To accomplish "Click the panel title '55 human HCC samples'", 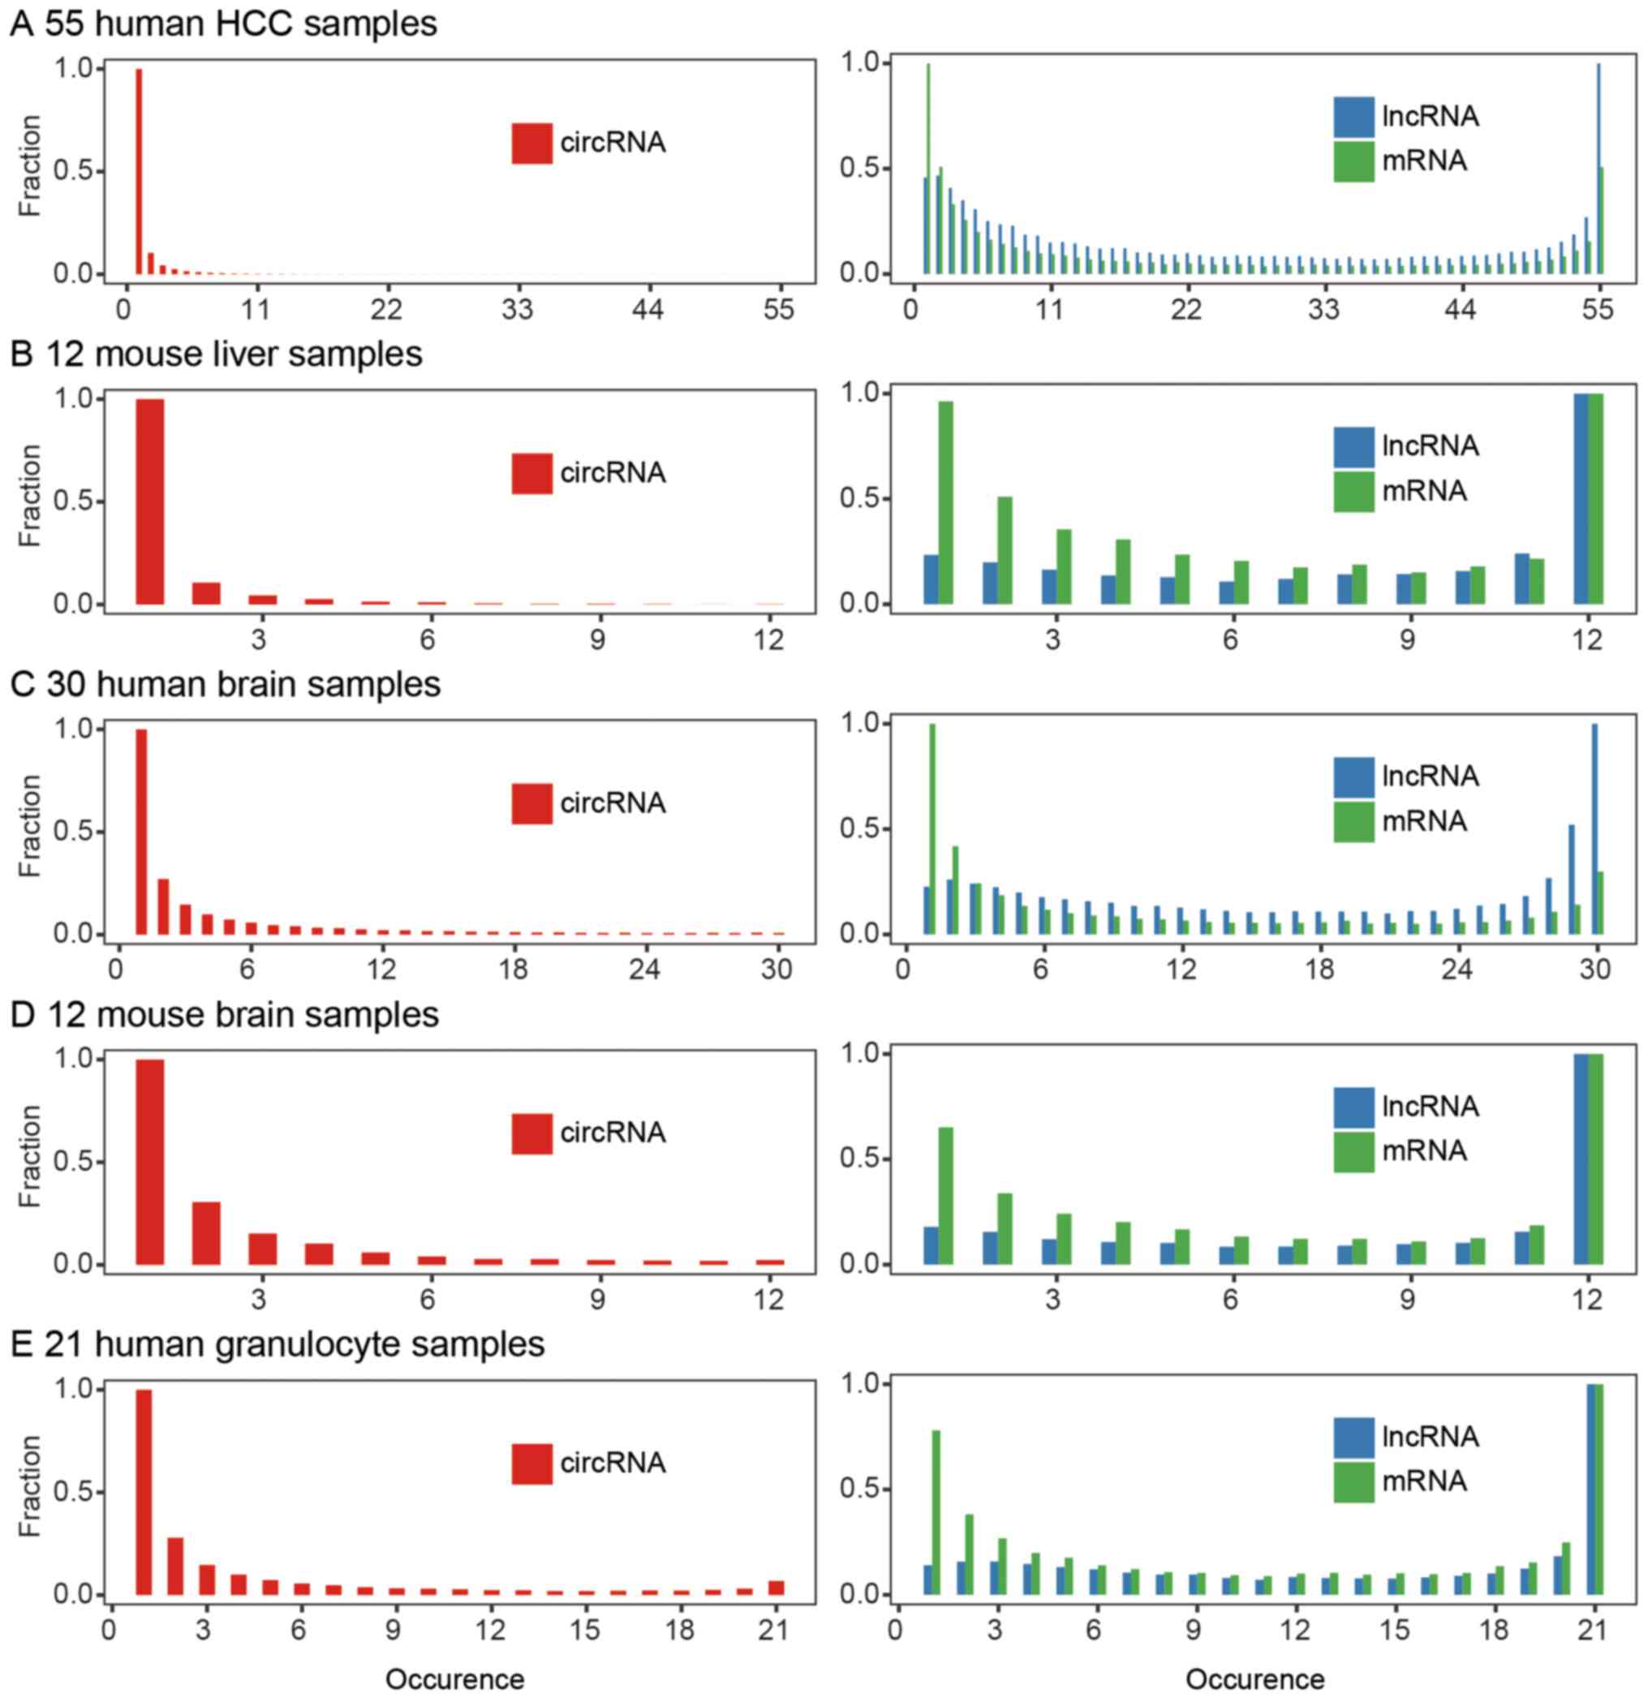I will [241, 24].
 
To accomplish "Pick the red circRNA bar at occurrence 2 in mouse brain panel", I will [206, 1232].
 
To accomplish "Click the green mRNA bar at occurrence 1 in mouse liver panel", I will [946, 503].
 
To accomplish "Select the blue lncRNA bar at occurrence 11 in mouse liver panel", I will [1521, 579].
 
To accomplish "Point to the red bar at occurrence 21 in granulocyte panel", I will [777, 1587].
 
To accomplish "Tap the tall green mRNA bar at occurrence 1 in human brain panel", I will [933, 828].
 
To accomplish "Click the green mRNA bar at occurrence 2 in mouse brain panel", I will [1005, 1228].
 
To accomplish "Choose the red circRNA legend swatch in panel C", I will [531, 802].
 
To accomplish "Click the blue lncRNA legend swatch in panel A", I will [1353, 117].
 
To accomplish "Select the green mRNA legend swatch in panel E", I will [1353, 1482].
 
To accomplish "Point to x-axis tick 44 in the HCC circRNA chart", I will [648, 308].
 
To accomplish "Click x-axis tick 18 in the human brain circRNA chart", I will [513, 968].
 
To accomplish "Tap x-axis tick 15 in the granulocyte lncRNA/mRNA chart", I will [1394, 1630].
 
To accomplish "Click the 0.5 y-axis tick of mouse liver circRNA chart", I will [73, 501].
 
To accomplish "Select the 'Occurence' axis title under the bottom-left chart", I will [455, 1679].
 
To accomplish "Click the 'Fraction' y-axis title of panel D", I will [29, 1155].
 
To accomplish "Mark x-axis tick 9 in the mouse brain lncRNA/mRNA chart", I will [1407, 1299].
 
